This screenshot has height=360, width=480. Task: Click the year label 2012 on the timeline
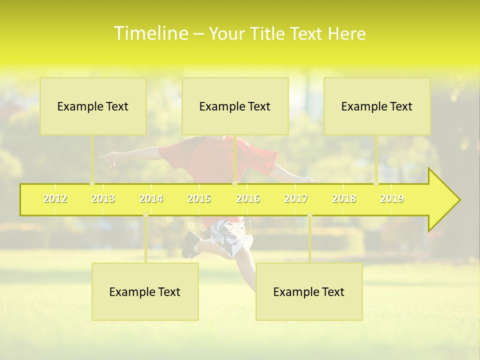(x=55, y=198)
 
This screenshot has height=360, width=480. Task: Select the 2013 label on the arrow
(x=103, y=198)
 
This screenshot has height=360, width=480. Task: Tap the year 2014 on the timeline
(x=151, y=198)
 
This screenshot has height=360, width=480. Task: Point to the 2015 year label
(x=199, y=198)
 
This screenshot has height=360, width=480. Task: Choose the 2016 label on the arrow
(x=248, y=198)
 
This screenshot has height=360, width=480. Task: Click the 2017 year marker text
(x=296, y=198)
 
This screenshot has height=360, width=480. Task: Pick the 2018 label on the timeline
(x=344, y=198)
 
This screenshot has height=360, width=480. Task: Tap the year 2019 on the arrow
(x=392, y=198)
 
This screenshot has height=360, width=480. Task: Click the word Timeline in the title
(x=150, y=33)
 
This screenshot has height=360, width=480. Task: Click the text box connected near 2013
(x=93, y=106)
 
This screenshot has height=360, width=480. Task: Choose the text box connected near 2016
(x=235, y=106)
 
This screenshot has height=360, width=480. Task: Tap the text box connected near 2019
(x=377, y=106)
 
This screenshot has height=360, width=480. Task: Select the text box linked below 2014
(x=145, y=291)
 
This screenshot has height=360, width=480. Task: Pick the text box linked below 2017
(x=309, y=291)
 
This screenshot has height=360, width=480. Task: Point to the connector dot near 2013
(x=92, y=183)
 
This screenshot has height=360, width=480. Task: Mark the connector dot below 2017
(x=309, y=215)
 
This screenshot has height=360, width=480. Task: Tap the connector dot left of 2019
(x=376, y=183)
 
